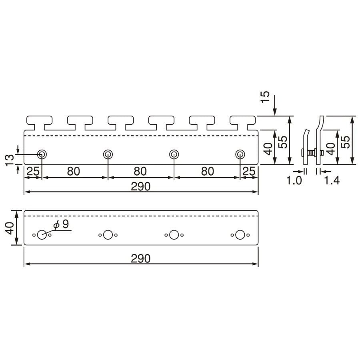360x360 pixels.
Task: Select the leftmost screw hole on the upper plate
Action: [x=42, y=154]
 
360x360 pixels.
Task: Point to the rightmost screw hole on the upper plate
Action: [x=240, y=154]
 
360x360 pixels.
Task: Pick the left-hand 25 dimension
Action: [x=33, y=172]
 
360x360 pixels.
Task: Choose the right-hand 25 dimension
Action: [x=249, y=172]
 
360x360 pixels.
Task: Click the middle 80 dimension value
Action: [x=140, y=172]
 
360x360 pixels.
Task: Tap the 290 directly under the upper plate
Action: [x=140, y=186]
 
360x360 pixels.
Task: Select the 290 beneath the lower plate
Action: [x=140, y=259]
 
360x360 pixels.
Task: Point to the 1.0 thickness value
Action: [x=294, y=181]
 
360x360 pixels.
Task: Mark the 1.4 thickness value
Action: [x=332, y=181]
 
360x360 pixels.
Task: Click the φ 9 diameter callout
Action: [x=62, y=225]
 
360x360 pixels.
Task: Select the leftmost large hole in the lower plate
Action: [x=42, y=235]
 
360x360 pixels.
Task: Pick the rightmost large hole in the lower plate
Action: [x=240, y=235]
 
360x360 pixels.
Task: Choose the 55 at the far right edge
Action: [x=346, y=141]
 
